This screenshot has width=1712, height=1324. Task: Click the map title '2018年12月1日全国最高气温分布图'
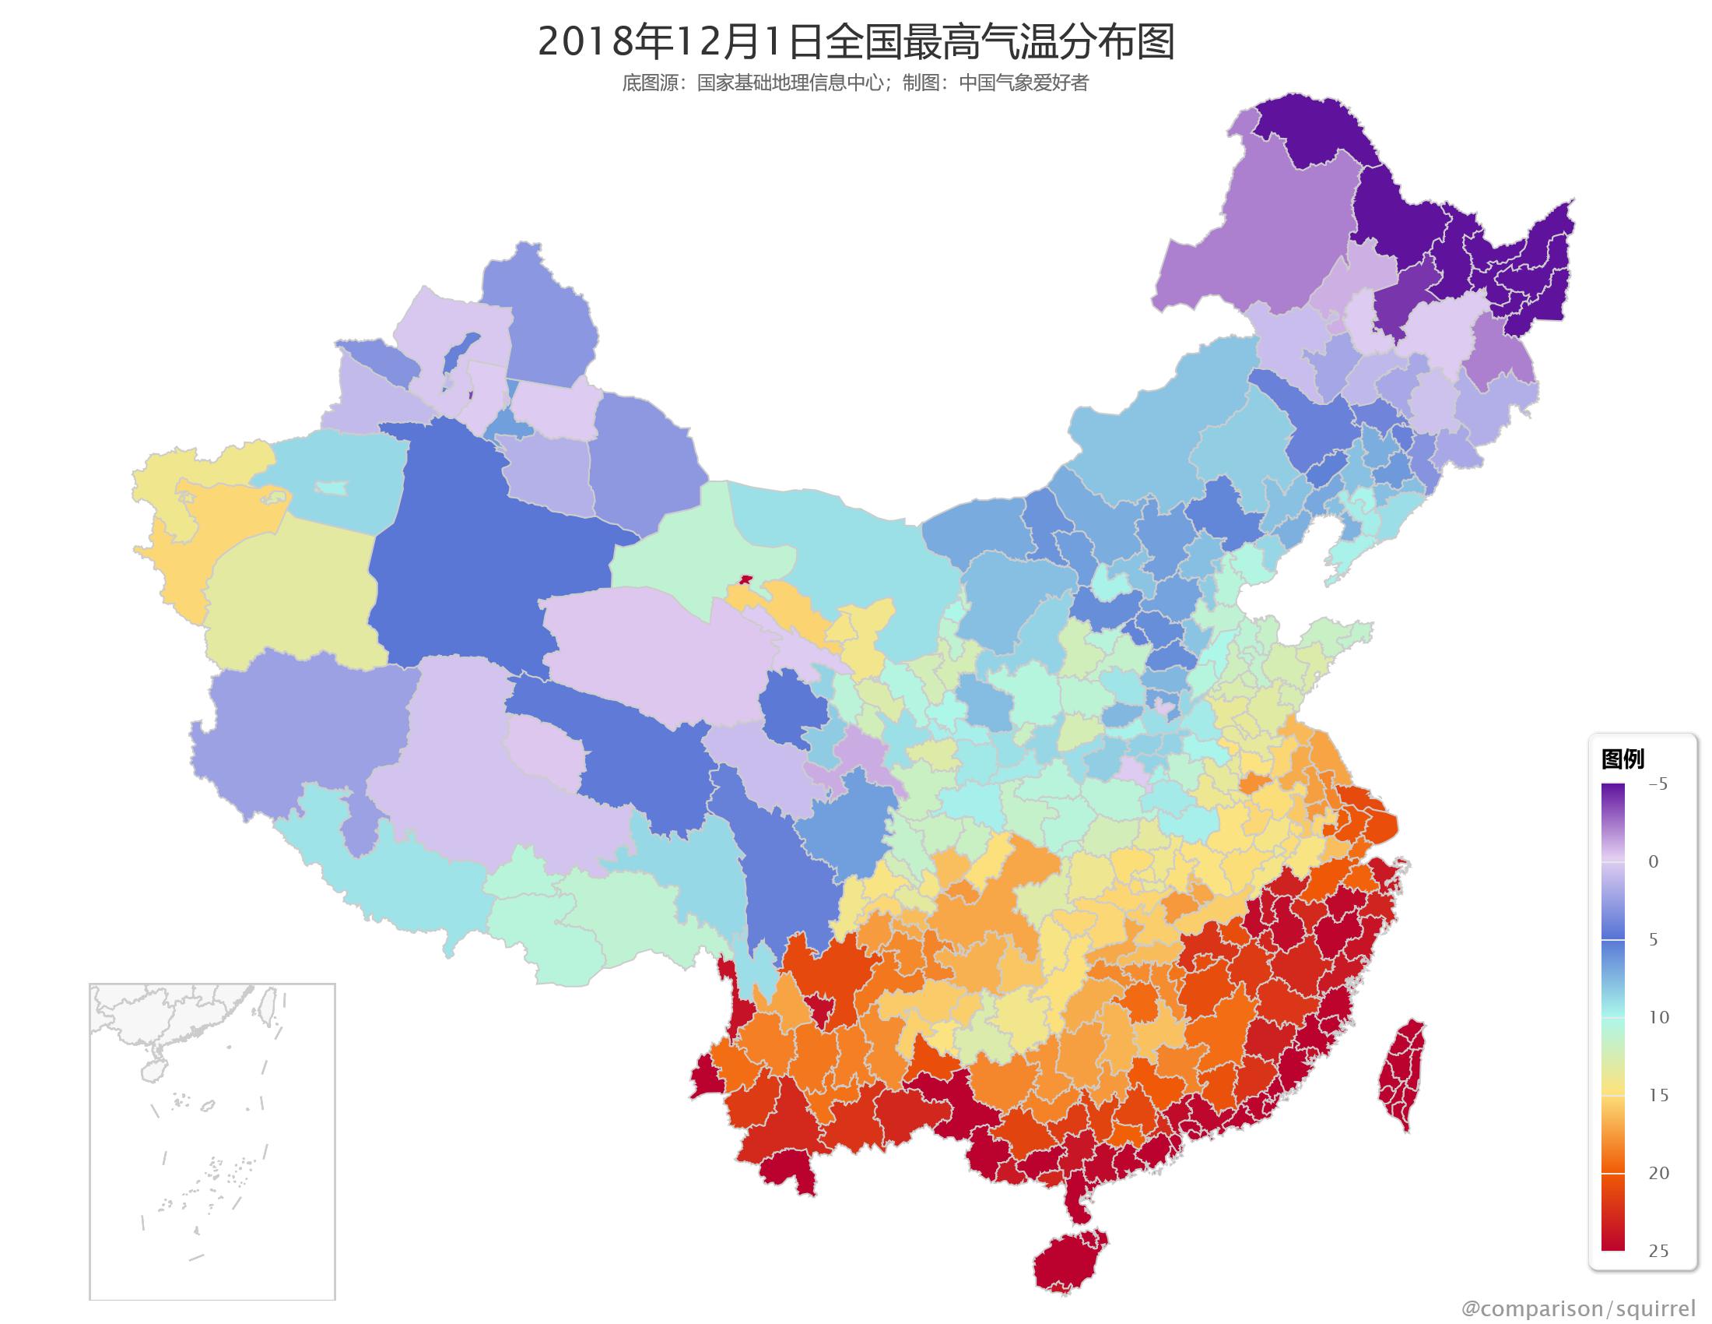855,42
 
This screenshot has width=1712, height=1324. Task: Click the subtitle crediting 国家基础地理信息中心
855,83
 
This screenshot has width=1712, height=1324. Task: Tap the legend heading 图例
1622,759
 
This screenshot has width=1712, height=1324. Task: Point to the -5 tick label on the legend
1657,784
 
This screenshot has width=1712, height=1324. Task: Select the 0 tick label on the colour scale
1653,862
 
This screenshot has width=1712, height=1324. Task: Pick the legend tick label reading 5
1653,940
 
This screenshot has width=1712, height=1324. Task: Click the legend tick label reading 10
1658,1017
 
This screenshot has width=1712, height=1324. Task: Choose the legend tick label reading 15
1658,1095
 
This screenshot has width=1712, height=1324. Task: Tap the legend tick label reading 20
1658,1173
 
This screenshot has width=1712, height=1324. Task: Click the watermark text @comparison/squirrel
1578,1308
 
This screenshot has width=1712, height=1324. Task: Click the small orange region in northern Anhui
1251,783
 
